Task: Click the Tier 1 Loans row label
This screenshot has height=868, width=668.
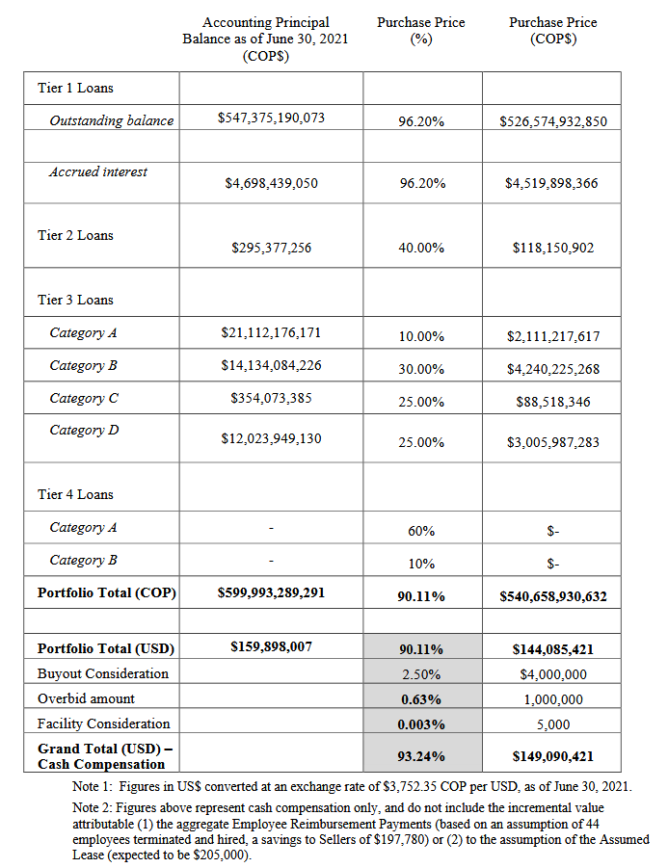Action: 75,88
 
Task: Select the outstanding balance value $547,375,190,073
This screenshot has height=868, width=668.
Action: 271,118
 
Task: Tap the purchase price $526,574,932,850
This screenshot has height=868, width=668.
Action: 553,122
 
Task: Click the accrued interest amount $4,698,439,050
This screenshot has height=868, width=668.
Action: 271,182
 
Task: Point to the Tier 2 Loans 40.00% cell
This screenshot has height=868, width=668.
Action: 421,248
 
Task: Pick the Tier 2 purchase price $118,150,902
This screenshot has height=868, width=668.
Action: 553,248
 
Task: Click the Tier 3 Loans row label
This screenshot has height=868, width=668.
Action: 75,300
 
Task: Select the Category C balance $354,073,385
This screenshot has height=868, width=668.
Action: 271,398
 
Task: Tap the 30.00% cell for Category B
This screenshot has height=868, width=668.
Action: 421,369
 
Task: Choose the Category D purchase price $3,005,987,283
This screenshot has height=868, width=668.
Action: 553,442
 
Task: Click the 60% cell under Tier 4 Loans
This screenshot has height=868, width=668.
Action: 421,531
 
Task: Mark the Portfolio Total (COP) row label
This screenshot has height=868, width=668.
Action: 106,592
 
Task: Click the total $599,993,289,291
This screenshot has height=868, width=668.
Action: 271,592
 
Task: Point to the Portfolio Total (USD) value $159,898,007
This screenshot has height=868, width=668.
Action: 271,647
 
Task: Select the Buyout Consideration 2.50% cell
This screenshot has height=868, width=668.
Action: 421,674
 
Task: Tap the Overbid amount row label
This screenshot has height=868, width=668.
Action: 86,698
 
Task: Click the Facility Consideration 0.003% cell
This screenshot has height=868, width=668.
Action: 421,724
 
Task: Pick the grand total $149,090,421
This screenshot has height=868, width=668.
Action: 553,756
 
